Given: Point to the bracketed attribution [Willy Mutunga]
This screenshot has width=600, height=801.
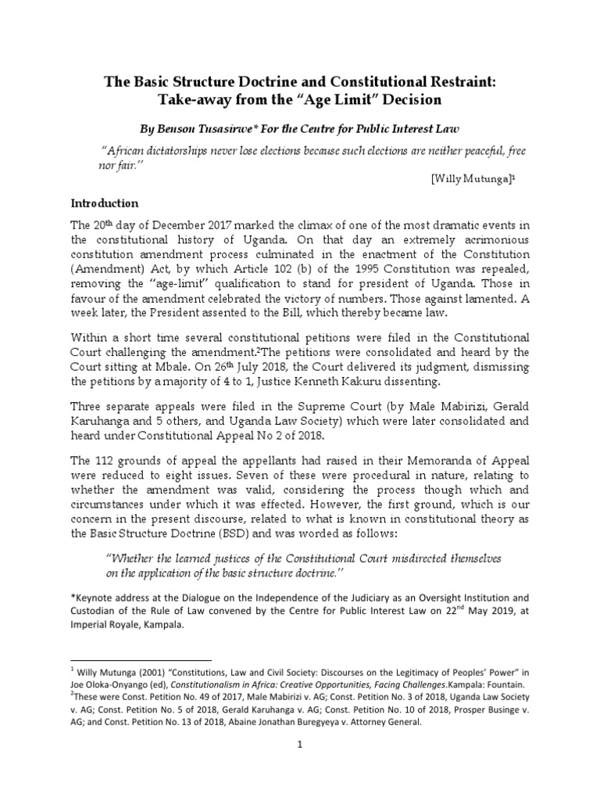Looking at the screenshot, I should click(x=472, y=179).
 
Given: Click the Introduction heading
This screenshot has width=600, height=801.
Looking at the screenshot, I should click(x=105, y=203).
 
